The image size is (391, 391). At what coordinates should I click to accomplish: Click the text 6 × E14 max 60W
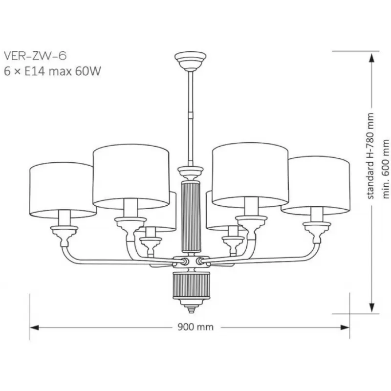[52, 71]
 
